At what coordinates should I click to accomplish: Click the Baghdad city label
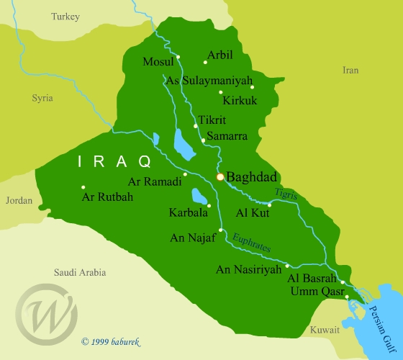[252, 176]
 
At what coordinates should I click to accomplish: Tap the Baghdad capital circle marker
[220, 176]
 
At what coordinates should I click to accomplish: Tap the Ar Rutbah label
[108, 197]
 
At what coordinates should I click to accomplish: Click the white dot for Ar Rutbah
[83, 188]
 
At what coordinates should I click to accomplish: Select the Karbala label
[188, 213]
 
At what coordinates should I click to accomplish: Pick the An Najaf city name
[193, 237]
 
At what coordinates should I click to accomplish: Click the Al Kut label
[252, 213]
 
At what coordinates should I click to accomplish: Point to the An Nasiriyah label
[247, 271]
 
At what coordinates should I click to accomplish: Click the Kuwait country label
[325, 330]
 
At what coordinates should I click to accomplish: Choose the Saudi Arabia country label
[80, 272]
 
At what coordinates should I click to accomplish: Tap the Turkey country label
[65, 16]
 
